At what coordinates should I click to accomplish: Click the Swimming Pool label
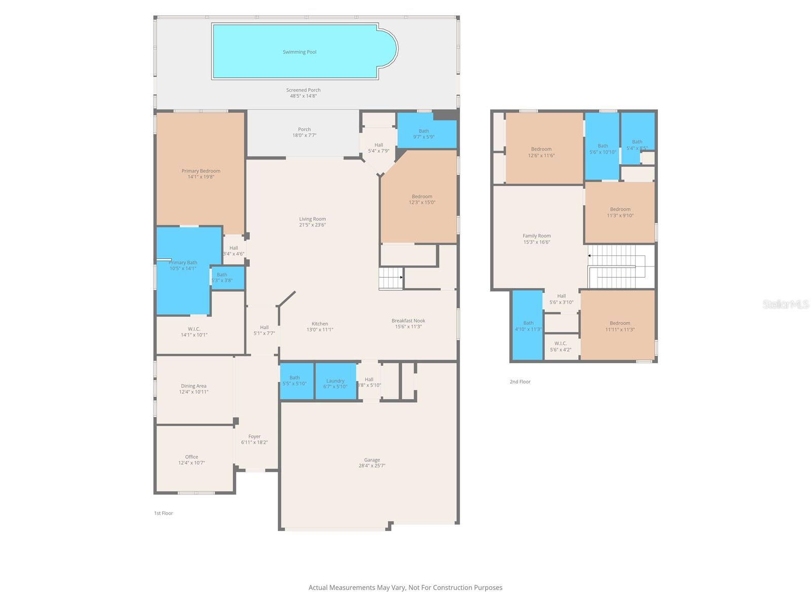300,52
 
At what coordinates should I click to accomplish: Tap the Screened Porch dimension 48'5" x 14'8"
303,96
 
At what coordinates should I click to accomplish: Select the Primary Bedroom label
201,171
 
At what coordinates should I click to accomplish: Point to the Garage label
372,460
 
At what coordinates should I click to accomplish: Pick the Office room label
192,457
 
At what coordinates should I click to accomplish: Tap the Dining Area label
194,386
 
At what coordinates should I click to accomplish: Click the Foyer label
254,437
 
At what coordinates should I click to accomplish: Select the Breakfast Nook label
408,321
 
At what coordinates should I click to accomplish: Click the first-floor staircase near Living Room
391,278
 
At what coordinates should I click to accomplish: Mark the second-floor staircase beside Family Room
616,266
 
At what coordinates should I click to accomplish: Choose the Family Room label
536,236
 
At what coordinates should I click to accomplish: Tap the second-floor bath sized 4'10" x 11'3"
528,325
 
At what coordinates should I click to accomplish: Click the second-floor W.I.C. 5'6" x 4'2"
561,347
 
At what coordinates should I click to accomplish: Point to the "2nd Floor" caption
520,382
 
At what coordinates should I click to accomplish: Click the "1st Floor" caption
164,513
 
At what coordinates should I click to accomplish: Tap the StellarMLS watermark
785,304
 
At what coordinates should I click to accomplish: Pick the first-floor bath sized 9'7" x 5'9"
424,134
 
